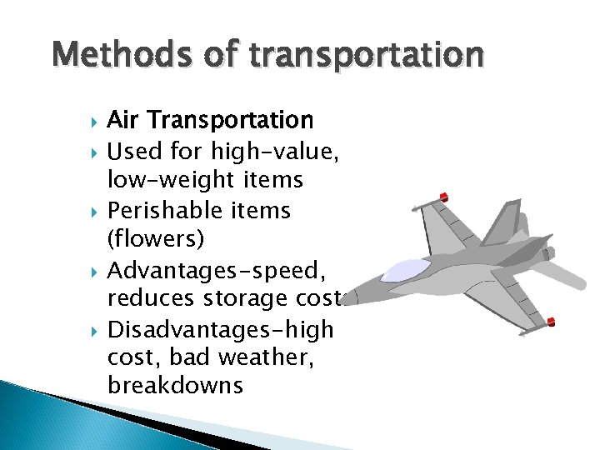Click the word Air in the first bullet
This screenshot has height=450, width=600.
pyautogui.click(x=122, y=121)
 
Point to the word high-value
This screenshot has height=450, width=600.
pyautogui.click(x=272, y=151)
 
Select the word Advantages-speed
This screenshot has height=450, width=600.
pyautogui.click(x=207, y=268)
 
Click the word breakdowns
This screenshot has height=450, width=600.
pyautogui.click(x=175, y=386)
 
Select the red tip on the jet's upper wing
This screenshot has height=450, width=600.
pyautogui.click(x=444, y=197)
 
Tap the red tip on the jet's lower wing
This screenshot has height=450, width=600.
pyautogui.click(x=551, y=322)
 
